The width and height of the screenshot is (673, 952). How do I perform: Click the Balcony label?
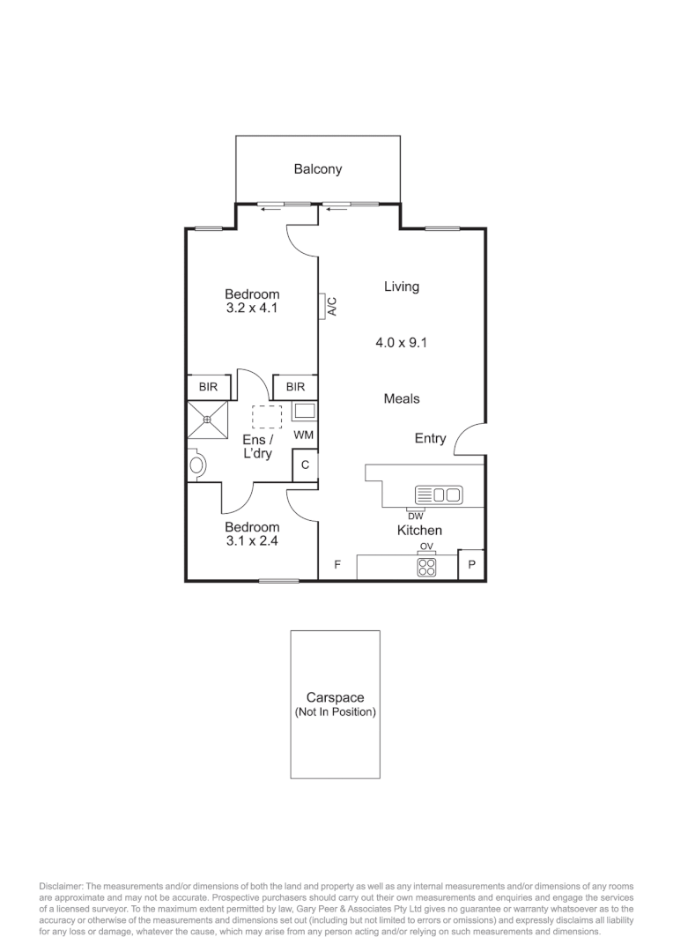pyautogui.click(x=317, y=169)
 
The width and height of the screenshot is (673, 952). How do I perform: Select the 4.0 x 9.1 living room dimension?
pyautogui.click(x=401, y=343)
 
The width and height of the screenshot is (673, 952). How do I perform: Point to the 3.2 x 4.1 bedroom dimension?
pyautogui.click(x=252, y=309)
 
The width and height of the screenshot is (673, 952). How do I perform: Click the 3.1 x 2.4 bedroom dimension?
pyautogui.click(x=252, y=542)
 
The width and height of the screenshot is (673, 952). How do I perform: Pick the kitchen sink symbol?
pyautogui.click(x=439, y=495)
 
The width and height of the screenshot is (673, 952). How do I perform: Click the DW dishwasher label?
pyautogui.click(x=415, y=516)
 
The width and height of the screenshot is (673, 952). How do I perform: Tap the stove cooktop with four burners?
pyautogui.click(x=426, y=569)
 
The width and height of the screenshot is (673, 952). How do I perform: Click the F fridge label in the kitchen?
pyautogui.click(x=336, y=564)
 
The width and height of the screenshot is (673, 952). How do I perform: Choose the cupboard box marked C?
pyautogui.click(x=305, y=465)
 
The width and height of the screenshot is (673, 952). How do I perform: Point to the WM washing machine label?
pyautogui.click(x=303, y=435)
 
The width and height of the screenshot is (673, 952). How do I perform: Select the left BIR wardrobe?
pyautogui.click(x=208, y=387)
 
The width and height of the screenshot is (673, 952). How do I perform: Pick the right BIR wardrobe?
pyautogui.click(x=295, y=387)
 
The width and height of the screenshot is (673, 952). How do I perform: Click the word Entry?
pyautogui.click(x=430, y=438)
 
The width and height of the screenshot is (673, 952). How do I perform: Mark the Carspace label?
pyautogui.click(x=335, y=698)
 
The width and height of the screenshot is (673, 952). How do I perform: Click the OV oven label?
pyautogui.click(x=426, y=547)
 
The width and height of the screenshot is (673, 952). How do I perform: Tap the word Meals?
pyautogui.click(x=402, y=399)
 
